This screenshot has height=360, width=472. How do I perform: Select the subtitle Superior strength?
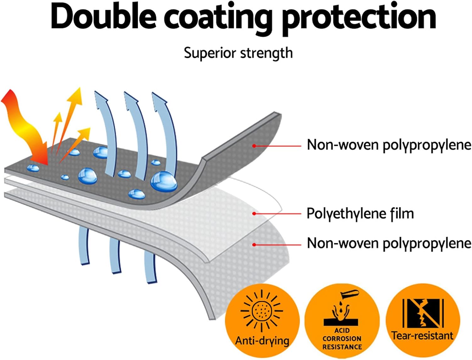(x=238, y=53)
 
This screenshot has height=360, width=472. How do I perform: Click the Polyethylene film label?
(x=360, y=214)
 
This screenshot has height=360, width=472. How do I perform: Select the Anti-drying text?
(x=262, y=341)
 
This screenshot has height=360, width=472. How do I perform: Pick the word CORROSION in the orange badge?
(x=342, y=339)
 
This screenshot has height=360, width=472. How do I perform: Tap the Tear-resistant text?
(x=422, y=335)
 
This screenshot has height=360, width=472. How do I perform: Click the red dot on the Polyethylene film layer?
(x=254, y=214)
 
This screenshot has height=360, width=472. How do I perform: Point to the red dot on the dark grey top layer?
(x=254, y=146)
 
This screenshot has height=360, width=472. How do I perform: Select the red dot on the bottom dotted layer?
(x=254, y=245)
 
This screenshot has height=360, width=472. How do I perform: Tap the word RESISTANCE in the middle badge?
(x=342, y=347)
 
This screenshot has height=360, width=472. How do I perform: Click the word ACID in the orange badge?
(x=342, y=330)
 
